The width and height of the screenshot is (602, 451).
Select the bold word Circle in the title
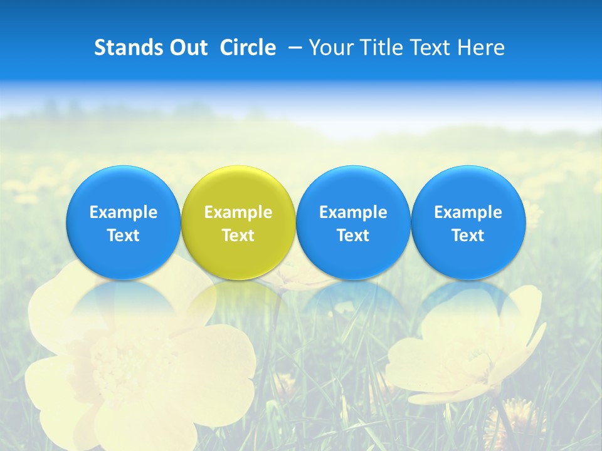click(248, 48)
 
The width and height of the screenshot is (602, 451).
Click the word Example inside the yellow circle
click(238, 212)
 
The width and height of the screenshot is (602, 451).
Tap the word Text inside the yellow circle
click(238, 236)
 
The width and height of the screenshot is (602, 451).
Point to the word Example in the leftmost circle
click(124, 212)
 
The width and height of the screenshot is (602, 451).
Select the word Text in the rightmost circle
click(468, 236)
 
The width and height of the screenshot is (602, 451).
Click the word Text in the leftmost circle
click(124, 236)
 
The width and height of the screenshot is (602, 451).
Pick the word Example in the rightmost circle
click(468, 212)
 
